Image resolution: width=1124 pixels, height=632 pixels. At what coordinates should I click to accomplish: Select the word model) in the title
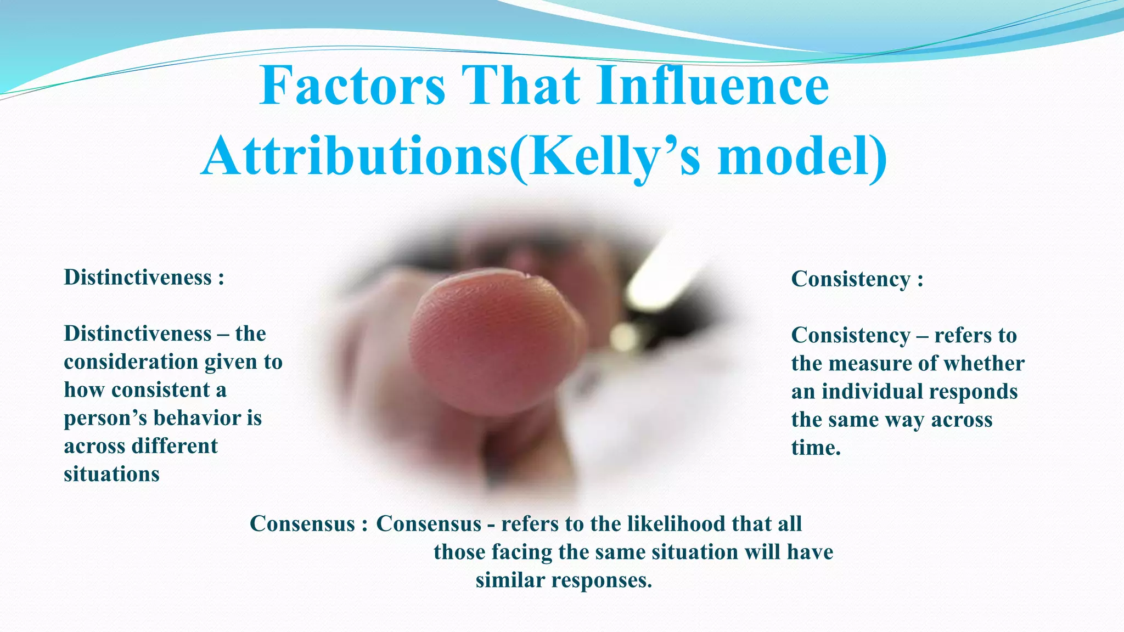tap(802, 157)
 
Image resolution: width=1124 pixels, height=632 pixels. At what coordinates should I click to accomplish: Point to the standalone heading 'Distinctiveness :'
tap(144, 278)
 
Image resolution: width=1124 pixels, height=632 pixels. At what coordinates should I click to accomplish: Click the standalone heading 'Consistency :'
tap(857, 279)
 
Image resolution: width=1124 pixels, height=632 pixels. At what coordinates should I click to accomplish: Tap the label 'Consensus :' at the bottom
tap(308, 524)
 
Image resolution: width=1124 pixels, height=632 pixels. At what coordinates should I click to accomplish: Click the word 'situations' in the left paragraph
tap(111, 474)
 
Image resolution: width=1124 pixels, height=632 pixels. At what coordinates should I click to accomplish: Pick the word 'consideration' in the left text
tap(131, 362)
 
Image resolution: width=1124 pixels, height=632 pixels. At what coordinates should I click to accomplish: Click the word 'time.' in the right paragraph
tap(816, 448)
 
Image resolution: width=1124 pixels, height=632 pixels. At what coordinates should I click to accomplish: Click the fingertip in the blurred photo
tap(494, 335)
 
